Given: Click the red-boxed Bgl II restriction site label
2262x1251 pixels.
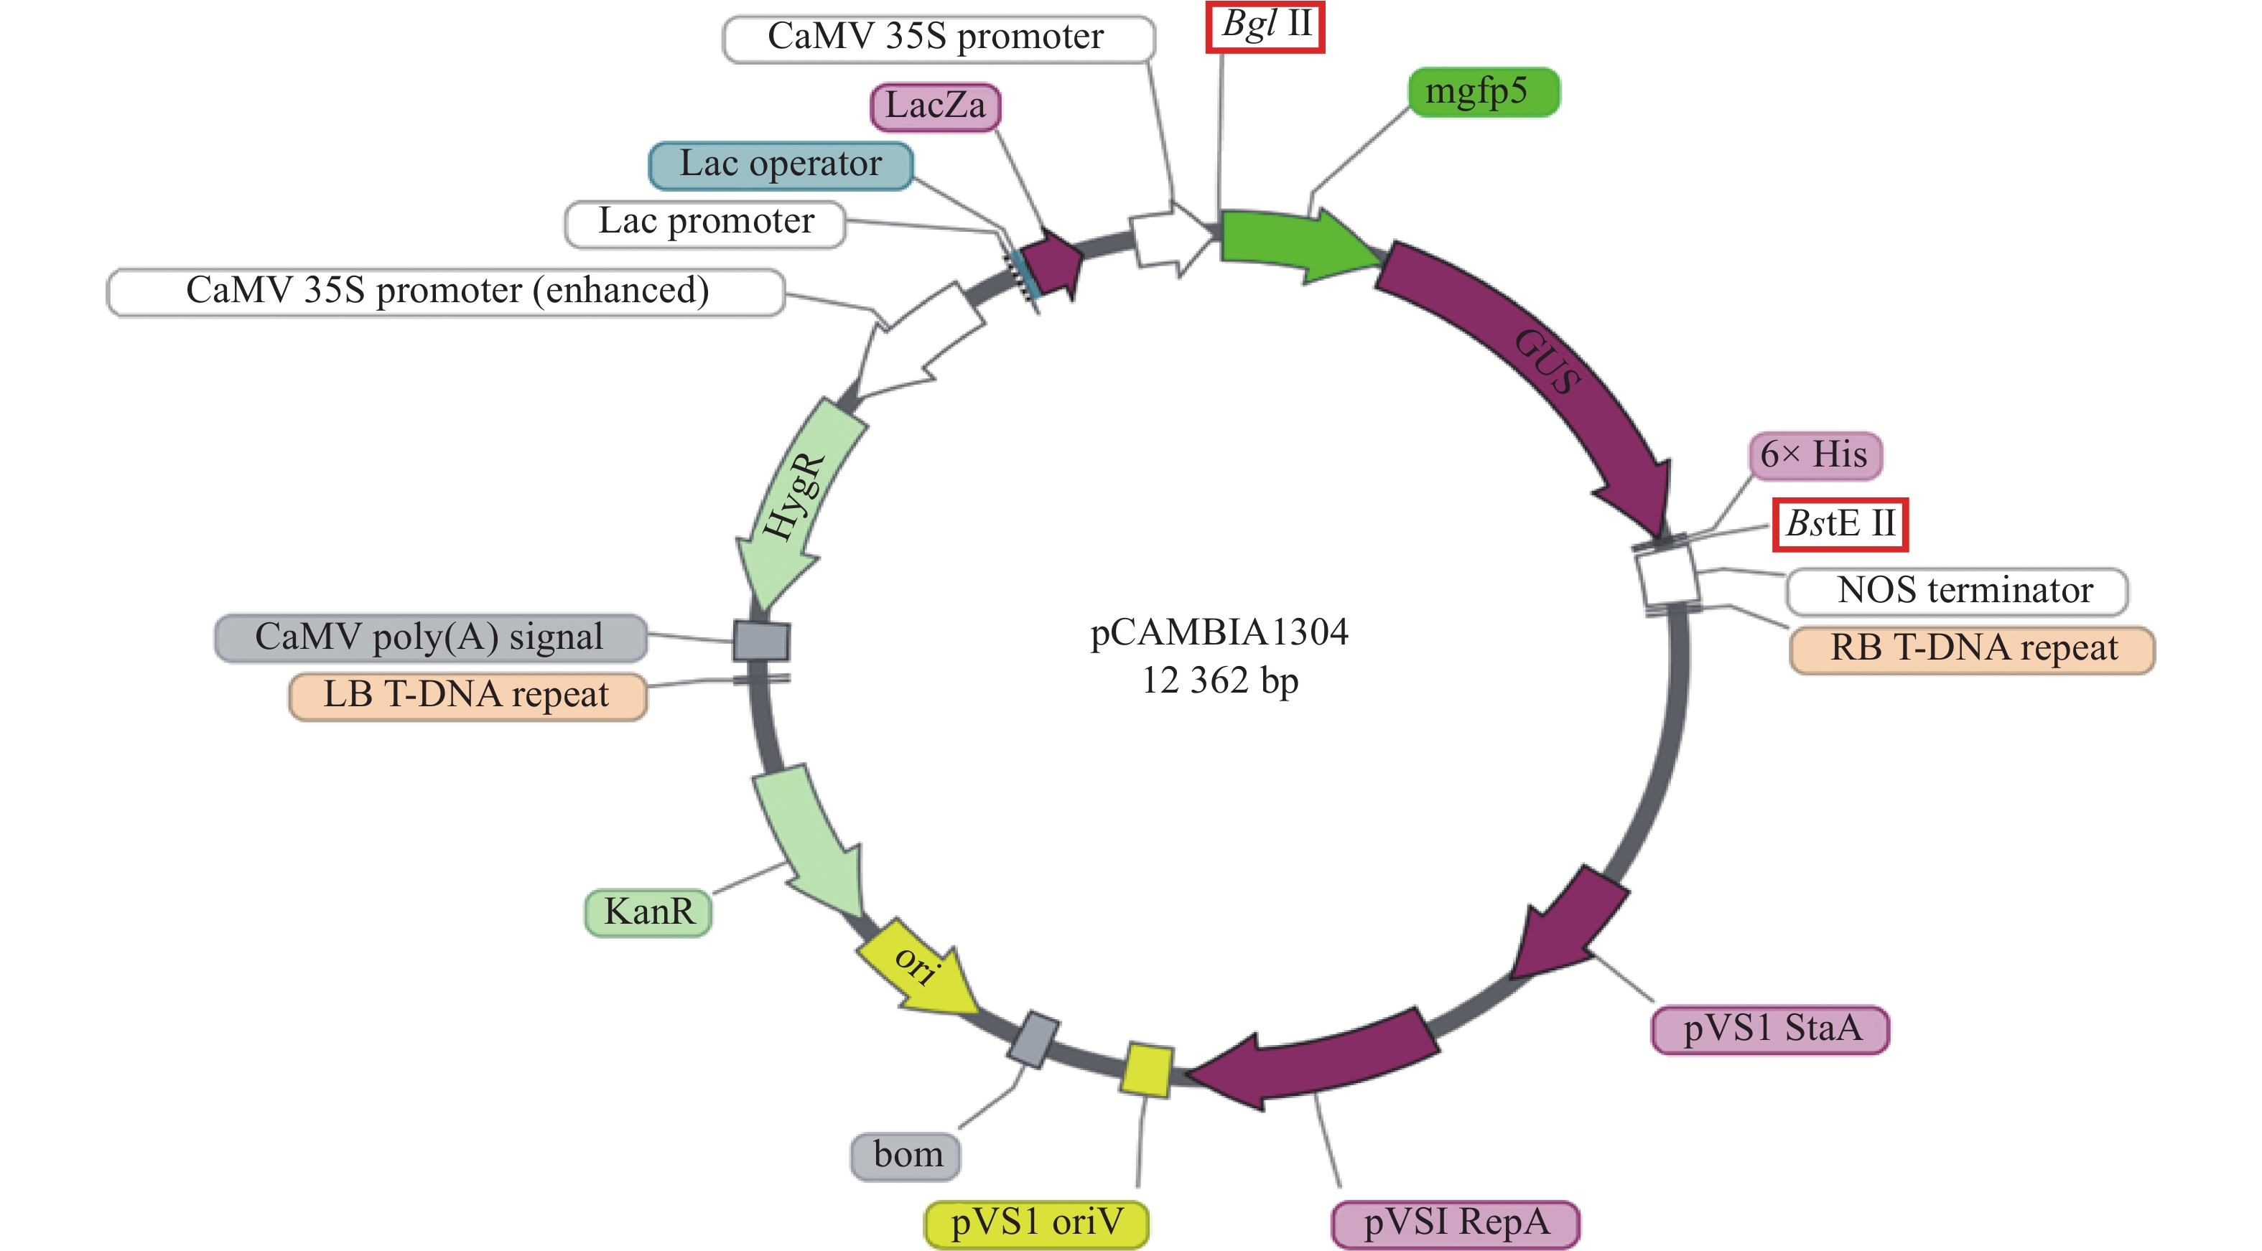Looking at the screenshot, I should click(x=1265, y=27).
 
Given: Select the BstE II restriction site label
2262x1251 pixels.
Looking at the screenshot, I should click(x=1840, y=524).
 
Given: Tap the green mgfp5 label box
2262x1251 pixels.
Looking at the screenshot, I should click(x=1483, y=91).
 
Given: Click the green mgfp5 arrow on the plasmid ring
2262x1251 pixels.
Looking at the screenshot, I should click(x=1291, y=243).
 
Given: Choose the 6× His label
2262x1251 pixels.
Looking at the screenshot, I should click(x=1814, y=455).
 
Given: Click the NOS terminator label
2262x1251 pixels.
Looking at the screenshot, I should click(x=1964, y=591).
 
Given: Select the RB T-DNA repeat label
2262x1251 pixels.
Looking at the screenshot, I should click(x=1972, y=649).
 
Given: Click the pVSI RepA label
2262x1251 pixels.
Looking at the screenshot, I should click(x=1455, y=1223).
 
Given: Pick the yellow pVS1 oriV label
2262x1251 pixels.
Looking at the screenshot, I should click(x=1036, y=1223).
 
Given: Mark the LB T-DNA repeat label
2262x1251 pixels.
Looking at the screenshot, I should click(x=467, y=695).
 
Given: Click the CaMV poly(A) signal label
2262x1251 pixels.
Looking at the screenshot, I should click(x=430, y=637).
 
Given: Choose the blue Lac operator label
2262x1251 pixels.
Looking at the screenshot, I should click(x=781, y=164).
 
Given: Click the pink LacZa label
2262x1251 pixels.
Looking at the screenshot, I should click(x=934, y=106).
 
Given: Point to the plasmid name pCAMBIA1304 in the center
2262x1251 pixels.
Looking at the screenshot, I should click(x=1218, y=632).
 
